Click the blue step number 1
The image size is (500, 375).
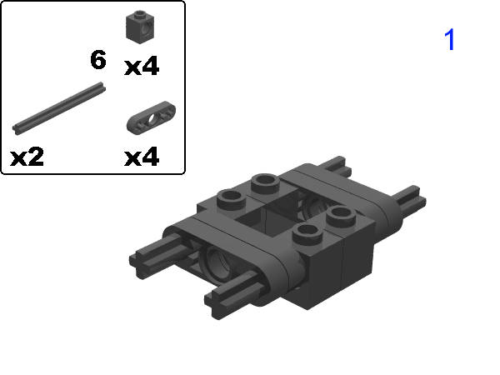(x=450, y=40)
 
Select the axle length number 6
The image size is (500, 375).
(x=98, y=60)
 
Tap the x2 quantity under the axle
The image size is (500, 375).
(x=27, y=156)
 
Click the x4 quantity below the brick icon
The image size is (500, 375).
(x=142, y=67)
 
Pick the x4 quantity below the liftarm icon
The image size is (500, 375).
(x=142, y=156)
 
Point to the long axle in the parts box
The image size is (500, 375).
(x=59, y=107)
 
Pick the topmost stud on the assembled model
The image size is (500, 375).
(x=265, y=181)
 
